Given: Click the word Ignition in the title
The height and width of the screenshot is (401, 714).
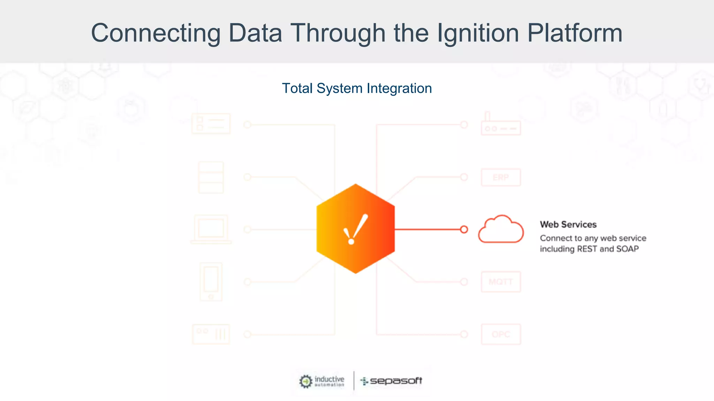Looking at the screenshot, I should (478, 33).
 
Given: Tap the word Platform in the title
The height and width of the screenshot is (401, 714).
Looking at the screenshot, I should (575, 33).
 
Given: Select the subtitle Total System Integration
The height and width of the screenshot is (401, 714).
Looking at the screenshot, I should (357, 88).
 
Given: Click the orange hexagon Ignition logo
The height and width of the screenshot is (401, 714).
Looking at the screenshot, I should (355, 229).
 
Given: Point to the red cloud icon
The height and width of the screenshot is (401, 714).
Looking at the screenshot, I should (501, 229).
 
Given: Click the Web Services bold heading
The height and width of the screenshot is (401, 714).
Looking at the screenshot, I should (568, 225).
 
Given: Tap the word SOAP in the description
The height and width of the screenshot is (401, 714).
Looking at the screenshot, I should (627, 249).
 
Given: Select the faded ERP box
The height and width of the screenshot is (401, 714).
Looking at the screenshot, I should (501, 178).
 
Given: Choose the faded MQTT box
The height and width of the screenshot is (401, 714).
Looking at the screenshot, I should (501, 282).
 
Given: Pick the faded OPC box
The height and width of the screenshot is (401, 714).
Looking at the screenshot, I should (501, 334).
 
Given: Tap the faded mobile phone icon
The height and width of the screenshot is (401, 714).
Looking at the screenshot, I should (211, 282).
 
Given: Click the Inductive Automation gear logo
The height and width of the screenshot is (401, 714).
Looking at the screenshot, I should (306, 381).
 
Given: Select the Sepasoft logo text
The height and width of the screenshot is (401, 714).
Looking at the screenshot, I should (396, 381).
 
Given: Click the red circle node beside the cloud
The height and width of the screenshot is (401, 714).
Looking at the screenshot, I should (464, 229).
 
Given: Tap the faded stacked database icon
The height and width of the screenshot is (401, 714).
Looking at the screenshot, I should (211, 178).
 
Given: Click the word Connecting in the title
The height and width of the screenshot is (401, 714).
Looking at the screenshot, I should (155, 33).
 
